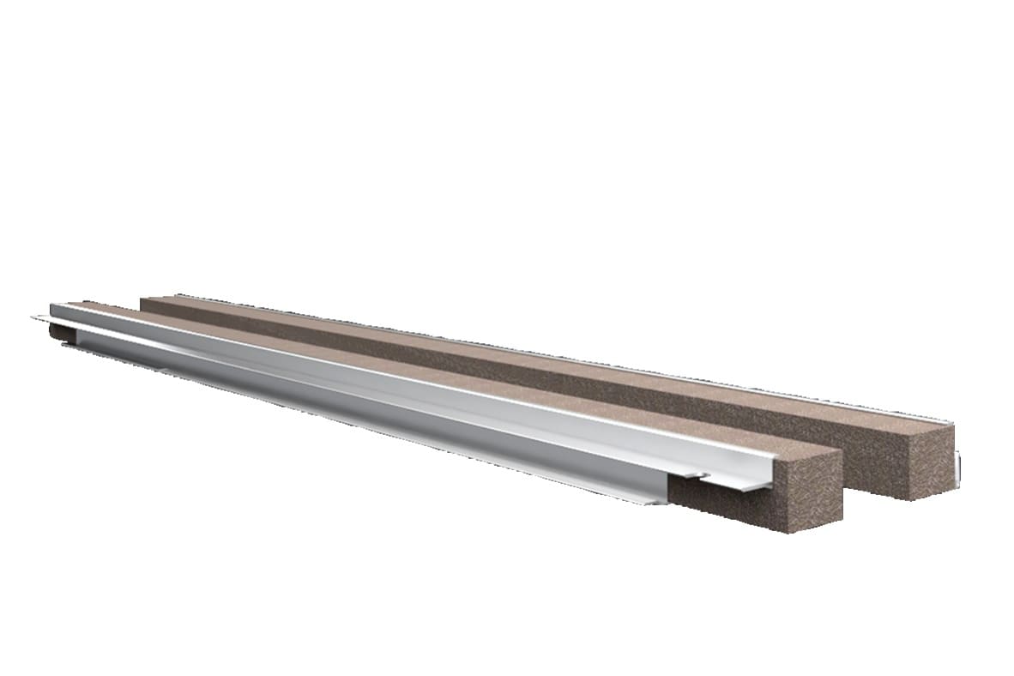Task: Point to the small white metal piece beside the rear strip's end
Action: (957, 467)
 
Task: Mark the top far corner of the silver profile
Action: (53, 305)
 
